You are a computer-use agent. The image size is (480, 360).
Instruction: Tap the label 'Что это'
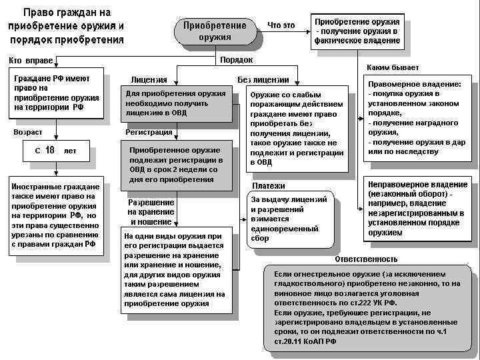(281, 25)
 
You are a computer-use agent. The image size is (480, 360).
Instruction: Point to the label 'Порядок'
(236, 60)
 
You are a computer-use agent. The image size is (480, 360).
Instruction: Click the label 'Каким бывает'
(393, 68)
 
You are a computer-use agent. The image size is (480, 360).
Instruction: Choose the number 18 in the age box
(50, 150)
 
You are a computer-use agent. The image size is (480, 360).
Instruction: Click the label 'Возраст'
(27, 132)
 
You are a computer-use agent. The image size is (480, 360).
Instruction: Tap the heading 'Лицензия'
(149, 80)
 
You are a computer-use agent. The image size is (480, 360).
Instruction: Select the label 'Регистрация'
(149, 132)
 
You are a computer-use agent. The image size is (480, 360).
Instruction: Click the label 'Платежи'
(269, 185)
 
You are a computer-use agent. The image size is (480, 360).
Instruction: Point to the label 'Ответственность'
(366, 259)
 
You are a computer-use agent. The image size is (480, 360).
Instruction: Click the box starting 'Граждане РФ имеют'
(57, 93)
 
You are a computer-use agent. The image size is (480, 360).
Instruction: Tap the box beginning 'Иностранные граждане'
(55, 215)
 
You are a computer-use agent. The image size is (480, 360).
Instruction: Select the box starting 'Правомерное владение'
(419, 117)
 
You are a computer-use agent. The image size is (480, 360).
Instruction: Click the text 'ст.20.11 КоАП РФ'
(305, 341)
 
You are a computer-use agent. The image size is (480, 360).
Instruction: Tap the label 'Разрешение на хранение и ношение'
(151, 212)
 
